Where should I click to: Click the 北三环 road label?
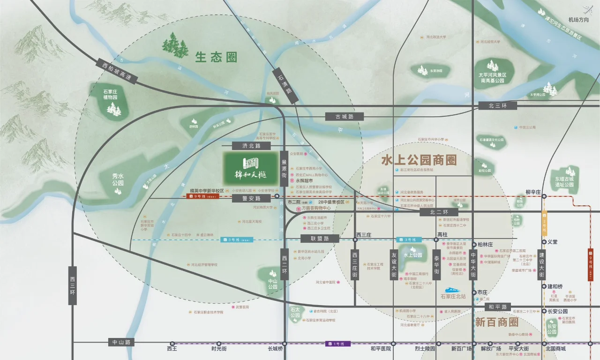497,105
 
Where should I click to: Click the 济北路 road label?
251,146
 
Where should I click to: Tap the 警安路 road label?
251,199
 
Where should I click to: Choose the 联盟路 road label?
320,239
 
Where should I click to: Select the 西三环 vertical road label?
72,285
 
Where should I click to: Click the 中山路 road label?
121,342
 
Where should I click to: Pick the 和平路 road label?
497,307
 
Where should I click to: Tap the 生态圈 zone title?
216,58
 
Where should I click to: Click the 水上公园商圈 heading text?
419,160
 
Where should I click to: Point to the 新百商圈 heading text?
496,322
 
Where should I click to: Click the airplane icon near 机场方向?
587,8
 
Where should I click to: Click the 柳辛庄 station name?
533,192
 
